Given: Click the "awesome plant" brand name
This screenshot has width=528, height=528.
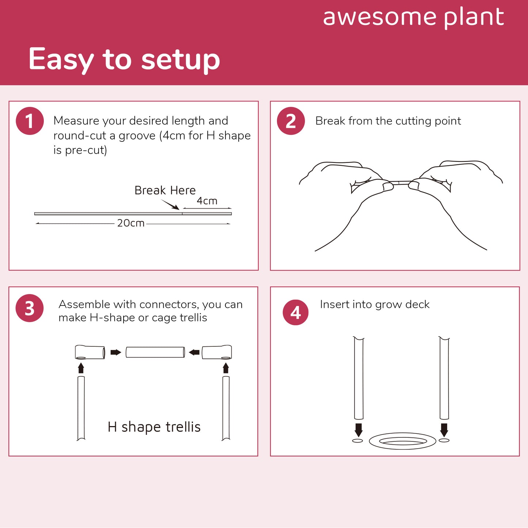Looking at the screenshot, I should tap(413, 18).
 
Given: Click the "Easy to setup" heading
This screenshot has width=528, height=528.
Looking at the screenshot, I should tap(124, 59).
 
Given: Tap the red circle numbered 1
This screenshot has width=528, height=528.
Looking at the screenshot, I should tap(30, 121).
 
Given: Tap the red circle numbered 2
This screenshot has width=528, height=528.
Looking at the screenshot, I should tap(290, 121).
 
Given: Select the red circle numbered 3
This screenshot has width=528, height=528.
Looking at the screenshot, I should tap(30, 308).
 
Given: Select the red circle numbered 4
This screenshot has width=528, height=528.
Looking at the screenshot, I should tap(295, 312).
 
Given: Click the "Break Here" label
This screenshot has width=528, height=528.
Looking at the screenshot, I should tap(165, 190).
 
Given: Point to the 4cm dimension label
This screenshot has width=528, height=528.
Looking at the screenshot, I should tap(207, 201).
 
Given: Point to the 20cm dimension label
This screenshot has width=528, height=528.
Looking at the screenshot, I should tap(130, 223).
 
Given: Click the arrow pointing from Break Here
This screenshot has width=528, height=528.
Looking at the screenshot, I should tap(170, 205).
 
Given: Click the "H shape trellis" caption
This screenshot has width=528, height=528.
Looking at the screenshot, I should tap(154, 427).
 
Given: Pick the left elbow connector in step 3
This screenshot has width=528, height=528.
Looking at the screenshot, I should tap(90, 352).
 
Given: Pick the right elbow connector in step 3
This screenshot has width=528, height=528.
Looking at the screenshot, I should tap(217, 352).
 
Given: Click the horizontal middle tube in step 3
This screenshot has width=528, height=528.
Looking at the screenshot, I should tap(155, 352).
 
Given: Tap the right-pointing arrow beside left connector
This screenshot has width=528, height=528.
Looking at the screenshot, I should tap(115, 352).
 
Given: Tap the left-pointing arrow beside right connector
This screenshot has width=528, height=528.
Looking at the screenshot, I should tap(194, 352).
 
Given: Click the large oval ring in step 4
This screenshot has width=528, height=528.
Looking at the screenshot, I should tap(403, 441).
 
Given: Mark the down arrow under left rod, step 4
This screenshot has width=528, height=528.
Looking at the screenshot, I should tap(358, 430).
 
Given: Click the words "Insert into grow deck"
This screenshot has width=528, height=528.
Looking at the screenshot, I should tap(375, 304).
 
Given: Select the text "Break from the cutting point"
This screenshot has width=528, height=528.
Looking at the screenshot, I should tap(388, 121).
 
